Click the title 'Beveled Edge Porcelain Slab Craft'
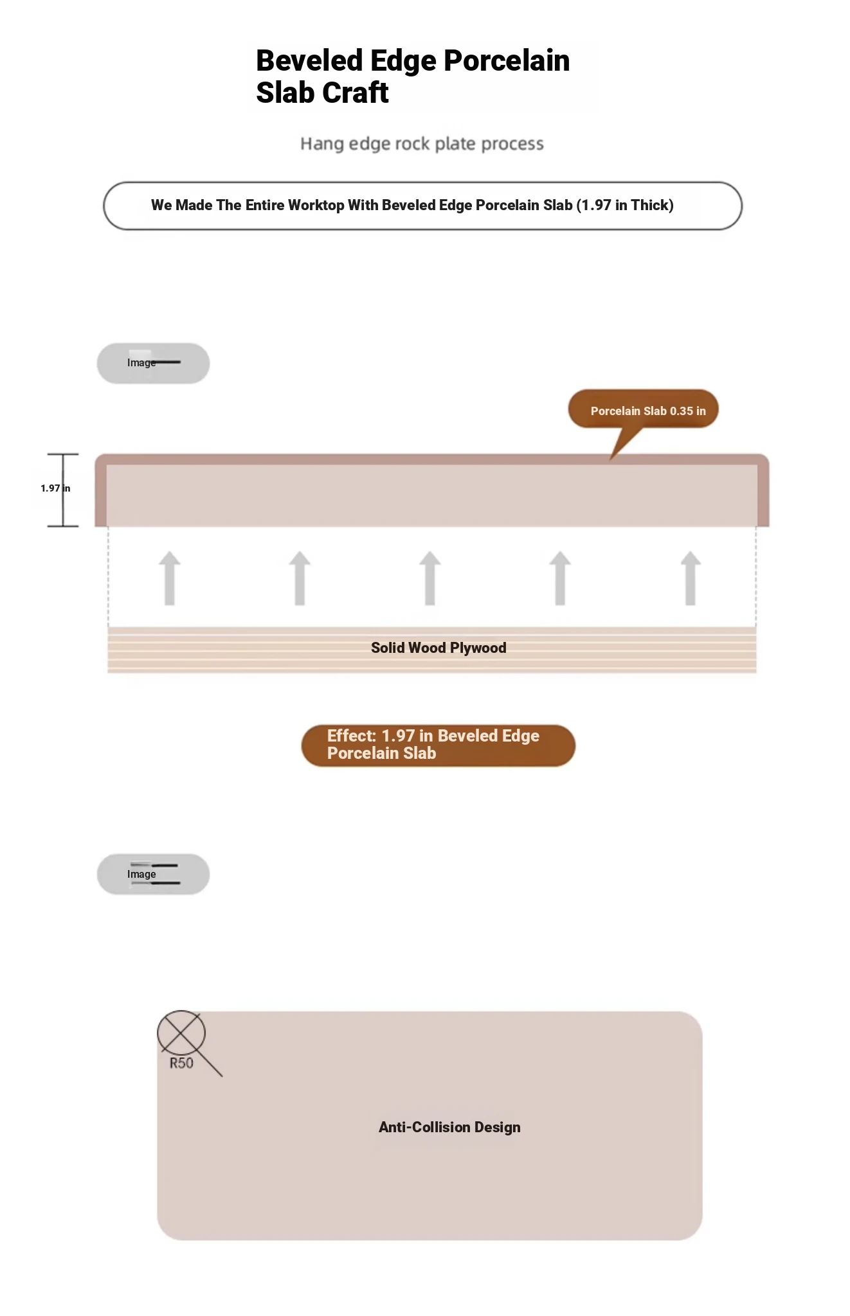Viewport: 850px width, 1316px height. point(413,76)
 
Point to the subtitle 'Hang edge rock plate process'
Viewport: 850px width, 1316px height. point(422,144)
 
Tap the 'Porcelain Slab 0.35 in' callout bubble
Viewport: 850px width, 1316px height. point(643,409)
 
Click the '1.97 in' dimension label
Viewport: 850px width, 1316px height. point(55,488)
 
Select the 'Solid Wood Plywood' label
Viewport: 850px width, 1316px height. point(439,648)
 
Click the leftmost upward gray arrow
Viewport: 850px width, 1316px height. point(170,578)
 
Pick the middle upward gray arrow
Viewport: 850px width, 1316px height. point(430,578)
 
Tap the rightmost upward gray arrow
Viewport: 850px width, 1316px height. point(691,578)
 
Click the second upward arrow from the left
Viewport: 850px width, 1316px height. point(300,578)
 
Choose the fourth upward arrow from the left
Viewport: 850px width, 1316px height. point(560,578)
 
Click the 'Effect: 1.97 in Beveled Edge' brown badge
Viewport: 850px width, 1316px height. point(439,745)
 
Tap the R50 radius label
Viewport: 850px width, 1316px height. point(181,1063)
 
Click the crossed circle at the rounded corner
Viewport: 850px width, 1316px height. point(181,1034)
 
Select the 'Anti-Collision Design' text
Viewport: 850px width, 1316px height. point(449,1127)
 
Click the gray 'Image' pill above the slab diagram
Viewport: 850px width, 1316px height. point(153,363)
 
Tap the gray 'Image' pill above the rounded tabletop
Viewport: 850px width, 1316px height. point(153,874)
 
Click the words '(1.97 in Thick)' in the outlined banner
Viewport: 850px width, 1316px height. point(625,205)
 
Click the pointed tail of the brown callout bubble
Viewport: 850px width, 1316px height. point(611,458)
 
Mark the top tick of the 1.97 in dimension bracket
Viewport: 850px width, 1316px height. point(63,454)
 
